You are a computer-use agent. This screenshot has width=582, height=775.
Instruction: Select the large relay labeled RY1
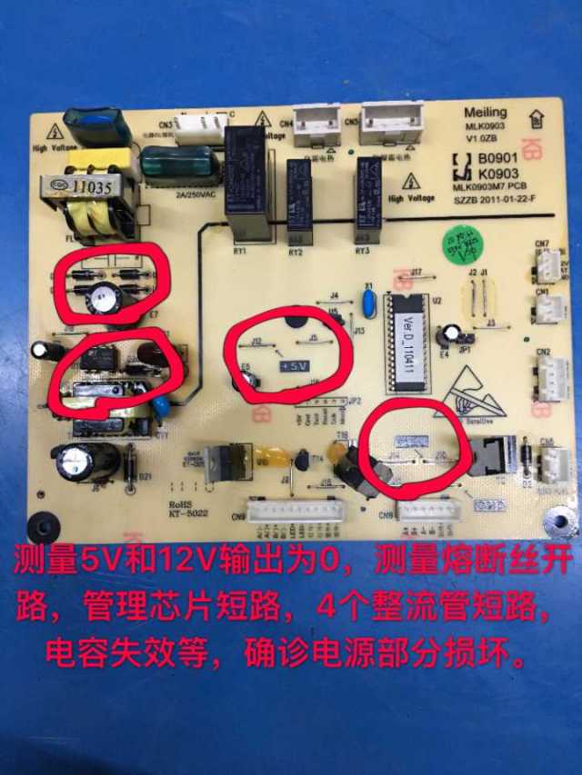pyautogui.click(x=247, y=182)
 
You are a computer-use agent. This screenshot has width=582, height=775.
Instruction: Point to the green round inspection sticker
pyautogui.click(x=460, y=247)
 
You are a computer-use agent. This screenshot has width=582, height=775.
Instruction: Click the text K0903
pyautogui.click(x=497, y=173)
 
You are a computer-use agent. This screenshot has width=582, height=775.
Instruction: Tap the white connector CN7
pyautogui.click(x=548, y=264)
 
